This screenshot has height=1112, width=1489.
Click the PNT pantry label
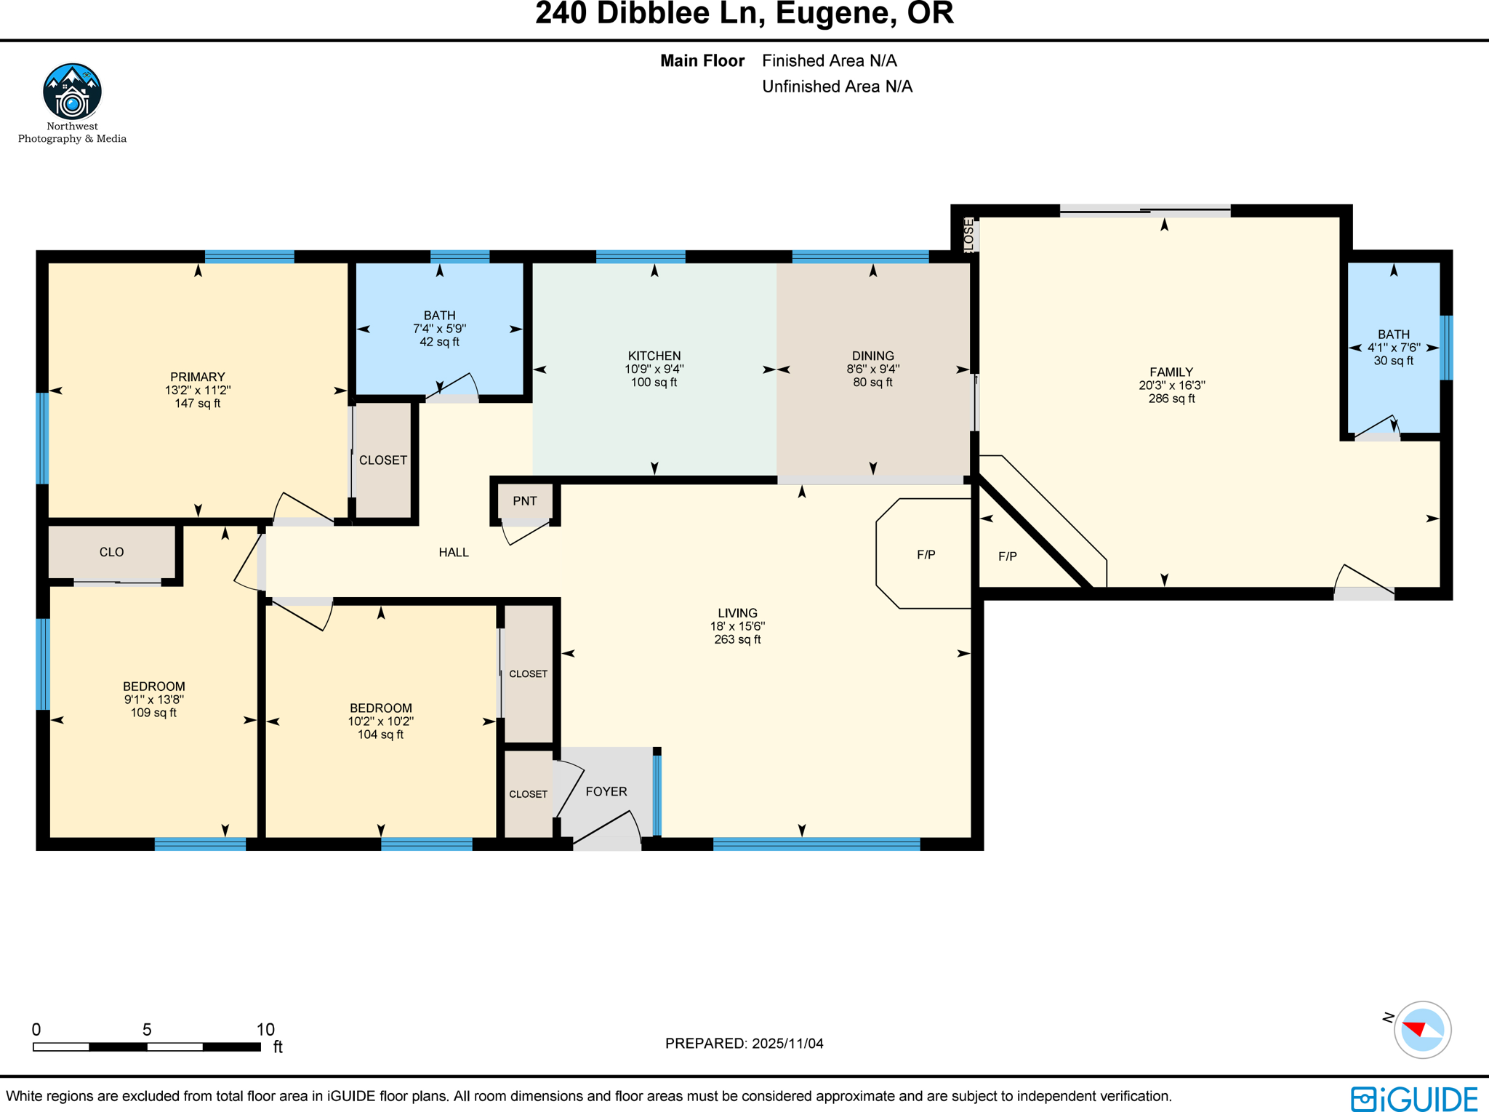524,501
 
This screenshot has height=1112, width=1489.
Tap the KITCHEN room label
654,356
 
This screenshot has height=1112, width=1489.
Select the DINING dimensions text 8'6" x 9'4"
872,369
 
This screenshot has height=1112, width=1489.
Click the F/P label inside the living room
926,555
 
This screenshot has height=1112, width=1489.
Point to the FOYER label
606,791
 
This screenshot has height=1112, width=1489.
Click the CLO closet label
111,552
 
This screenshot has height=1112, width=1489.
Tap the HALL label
453,553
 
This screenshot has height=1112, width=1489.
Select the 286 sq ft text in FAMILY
1171,399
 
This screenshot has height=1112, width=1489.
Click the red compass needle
1414,1028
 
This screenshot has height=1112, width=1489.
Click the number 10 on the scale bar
265,1029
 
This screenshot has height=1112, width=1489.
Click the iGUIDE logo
1414,1098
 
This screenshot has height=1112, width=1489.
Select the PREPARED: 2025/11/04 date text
744,1044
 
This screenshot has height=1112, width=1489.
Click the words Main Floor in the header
702,61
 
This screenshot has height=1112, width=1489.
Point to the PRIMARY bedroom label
197,377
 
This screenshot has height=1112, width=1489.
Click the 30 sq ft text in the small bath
1393,361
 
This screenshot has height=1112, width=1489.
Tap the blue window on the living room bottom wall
816,844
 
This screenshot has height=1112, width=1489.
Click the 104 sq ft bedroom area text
380,735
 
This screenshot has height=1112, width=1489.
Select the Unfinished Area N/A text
836,87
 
